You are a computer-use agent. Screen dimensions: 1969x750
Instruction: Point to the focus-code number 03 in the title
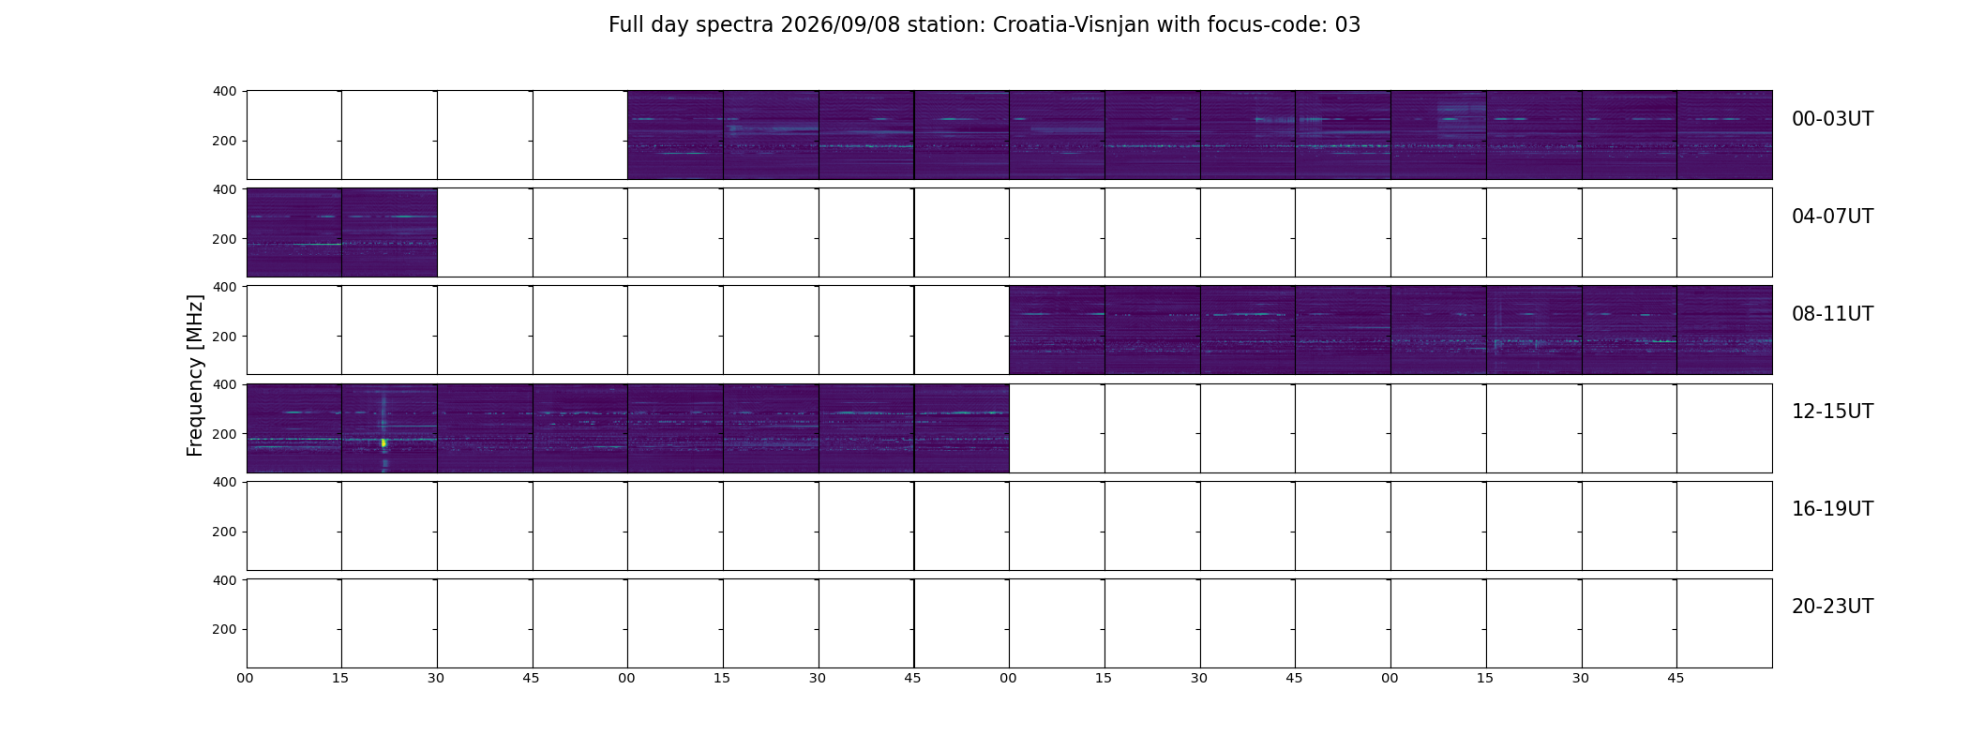(x=1347, y=25)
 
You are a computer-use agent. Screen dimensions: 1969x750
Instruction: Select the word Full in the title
(x=625, y=25)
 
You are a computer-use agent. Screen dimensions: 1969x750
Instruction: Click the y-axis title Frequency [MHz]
(x=195, y=375)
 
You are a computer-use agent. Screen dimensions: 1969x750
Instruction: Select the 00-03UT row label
(x=1832, y=119)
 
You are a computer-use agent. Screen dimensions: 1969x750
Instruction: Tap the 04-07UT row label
(x=1832, y=217)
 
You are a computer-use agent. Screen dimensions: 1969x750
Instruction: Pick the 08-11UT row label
(x=1832, y=314)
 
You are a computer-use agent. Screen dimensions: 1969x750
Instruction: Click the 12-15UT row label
(x=1832, y=412)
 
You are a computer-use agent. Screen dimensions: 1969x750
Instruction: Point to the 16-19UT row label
(x=1832, y=509)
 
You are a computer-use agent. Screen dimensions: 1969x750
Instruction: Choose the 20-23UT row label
(x=1832, y=607)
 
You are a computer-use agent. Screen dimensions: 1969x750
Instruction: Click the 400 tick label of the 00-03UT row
(x=224, y=92)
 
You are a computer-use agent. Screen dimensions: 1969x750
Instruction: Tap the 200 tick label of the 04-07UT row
(x=224, y=239)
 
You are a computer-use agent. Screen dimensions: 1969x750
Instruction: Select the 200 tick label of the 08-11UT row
(x=224, y=337)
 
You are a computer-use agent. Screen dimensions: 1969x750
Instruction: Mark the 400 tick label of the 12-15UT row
(x=224, y=384)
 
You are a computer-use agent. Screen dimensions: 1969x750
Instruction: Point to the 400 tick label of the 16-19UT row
(x=224, y=482)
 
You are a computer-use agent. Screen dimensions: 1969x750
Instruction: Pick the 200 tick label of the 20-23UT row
(x=224, y=629)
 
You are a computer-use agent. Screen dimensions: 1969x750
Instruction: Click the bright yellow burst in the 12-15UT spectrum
(x=383, y=442)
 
